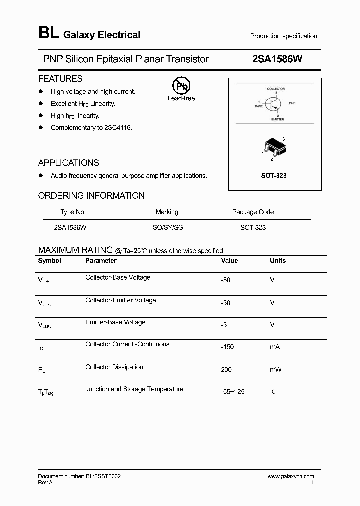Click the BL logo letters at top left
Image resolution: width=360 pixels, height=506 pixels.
coord(48,33)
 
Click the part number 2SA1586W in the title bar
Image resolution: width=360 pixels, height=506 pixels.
coord(277,59)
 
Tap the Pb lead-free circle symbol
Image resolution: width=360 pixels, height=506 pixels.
coord(181,86)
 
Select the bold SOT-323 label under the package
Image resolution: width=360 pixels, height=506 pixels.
coord(274,176)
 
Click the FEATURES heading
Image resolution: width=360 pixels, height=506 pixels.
coord(60,79)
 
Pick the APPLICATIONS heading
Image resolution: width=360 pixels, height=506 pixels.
coord(68,163)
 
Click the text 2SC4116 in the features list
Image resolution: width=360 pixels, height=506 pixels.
coord(118,128)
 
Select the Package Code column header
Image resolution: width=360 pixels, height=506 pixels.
coord(253,212)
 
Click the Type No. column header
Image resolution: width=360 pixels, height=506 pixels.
coord(73,212)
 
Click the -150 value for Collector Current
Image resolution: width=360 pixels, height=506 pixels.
coord(227,347)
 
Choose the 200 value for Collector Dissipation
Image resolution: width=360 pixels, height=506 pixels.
coord(227,369)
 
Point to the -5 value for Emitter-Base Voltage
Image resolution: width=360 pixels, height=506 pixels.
coord(224,325)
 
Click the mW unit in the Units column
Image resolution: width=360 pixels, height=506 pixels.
coord(275,369)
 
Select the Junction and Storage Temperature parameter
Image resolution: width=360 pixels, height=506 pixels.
coord(134,389)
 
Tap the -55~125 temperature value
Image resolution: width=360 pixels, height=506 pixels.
coord(233,392)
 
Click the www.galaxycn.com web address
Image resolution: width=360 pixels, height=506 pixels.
coord(291,476)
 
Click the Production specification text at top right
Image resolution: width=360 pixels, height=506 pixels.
coord(283,36)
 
